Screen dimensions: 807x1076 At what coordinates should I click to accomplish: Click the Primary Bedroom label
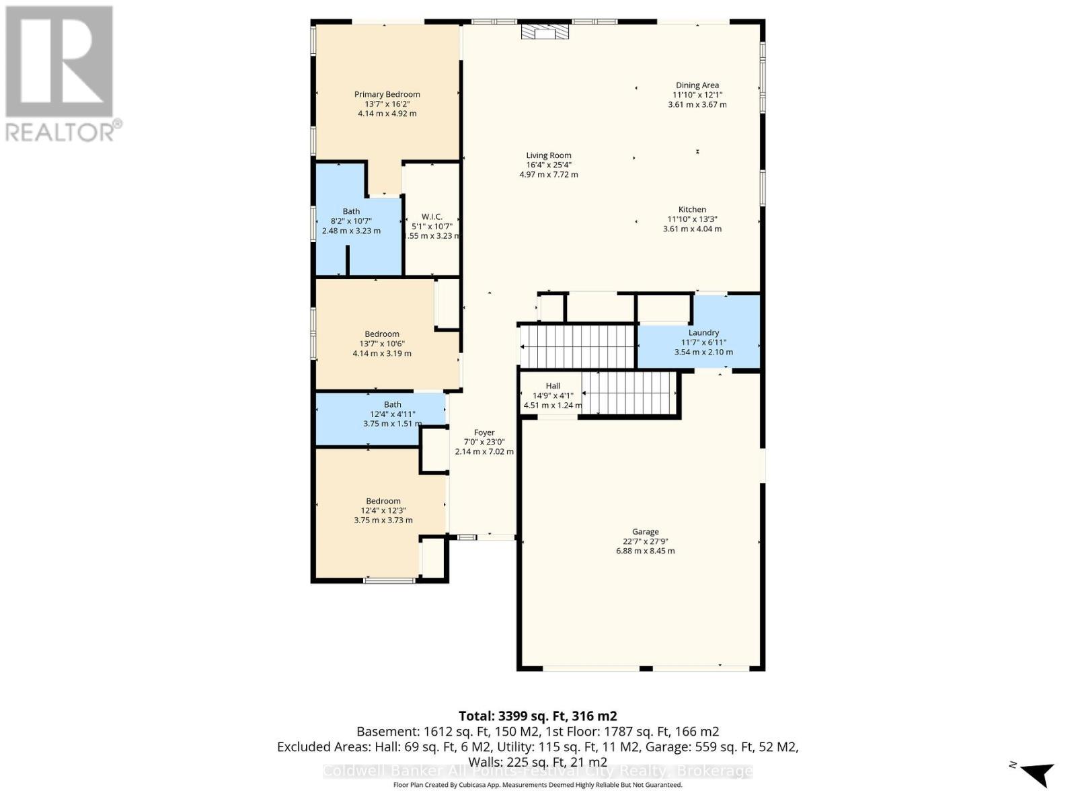(387, 94)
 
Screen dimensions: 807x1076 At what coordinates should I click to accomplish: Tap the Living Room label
(548, 155)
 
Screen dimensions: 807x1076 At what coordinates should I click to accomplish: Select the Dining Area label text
(697, 85)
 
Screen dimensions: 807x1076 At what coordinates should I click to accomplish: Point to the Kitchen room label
(692, 210)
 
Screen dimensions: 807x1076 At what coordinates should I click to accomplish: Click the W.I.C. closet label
(432, 217)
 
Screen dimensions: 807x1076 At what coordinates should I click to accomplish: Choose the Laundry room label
(703, 333)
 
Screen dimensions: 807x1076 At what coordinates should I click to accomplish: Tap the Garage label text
(645, 532)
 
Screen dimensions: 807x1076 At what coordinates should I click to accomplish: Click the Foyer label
(484, 433)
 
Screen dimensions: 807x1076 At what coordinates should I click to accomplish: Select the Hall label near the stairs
(553, 386)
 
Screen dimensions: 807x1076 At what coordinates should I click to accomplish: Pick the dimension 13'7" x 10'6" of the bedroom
(382, 344)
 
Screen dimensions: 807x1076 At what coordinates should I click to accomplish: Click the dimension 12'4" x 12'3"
(383, 510)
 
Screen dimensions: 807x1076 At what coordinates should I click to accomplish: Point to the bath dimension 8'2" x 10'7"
(351, 221)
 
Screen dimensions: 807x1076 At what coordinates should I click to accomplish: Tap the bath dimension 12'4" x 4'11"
(393, 414)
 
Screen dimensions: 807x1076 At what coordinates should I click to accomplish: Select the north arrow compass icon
(1036, 773)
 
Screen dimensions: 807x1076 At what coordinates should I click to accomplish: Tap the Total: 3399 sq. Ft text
(537, 716)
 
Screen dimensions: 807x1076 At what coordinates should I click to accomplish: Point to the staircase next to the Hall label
(629, 393)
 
